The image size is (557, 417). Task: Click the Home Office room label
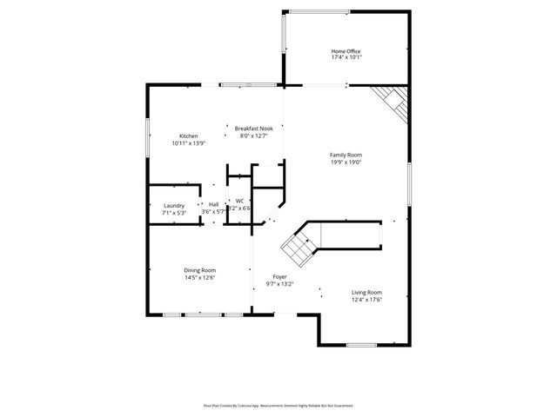click(x=346, y=50)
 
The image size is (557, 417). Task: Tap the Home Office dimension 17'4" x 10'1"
click(x=346, y=57)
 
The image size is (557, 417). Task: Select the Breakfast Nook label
click(x=253, y=128)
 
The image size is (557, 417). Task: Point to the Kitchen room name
click(x=188, y=136)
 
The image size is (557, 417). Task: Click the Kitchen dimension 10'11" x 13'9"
click(x=188, y=142)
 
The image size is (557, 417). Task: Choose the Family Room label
click(x=346, y=155)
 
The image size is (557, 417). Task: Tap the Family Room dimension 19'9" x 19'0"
click(x=346, y=162)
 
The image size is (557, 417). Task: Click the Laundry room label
click(x=174, y=205)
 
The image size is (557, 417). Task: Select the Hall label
click(x=213, y=204)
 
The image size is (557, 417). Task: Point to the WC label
click(x=239, y=201)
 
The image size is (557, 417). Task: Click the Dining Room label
click(x=199, y=270)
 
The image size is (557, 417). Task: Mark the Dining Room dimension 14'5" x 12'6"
click(x=199, y=277)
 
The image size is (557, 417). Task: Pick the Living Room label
click(x=366, y=293)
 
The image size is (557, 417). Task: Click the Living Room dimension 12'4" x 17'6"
click(x=366, y=300)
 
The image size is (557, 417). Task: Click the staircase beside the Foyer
click(x=301, y=245)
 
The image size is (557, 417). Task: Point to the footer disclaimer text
click(x=278, y=405)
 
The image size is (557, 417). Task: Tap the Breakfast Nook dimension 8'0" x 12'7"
click(x=253, y=136)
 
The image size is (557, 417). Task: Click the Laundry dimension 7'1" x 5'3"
click(x=174, y=212)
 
